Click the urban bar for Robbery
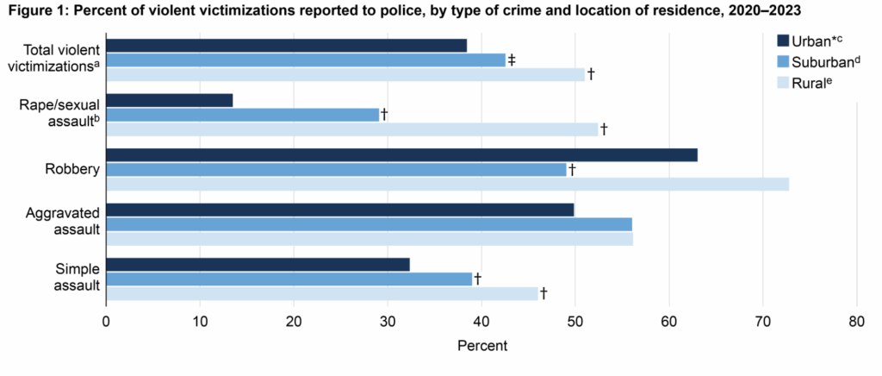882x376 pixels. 401,155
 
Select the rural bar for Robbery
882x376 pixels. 447,185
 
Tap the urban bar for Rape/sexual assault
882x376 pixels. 169,100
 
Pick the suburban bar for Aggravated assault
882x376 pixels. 369,224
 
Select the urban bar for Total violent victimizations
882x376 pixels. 286,45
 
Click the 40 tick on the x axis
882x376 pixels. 481,321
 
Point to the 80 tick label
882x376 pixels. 856,321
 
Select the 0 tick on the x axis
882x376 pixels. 106,321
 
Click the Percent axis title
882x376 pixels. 481,346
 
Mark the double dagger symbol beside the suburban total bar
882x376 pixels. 512,60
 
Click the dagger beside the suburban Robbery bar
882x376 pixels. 571,170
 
